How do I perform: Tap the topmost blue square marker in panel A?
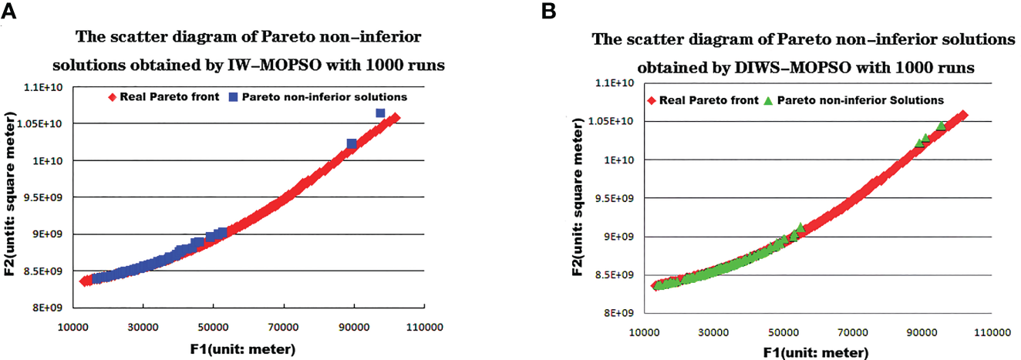[380, 113]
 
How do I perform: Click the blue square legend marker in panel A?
[234, 97]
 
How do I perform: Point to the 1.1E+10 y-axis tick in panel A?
[48, 87]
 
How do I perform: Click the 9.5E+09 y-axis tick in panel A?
[48, 197]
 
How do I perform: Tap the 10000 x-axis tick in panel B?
[641, 332]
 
